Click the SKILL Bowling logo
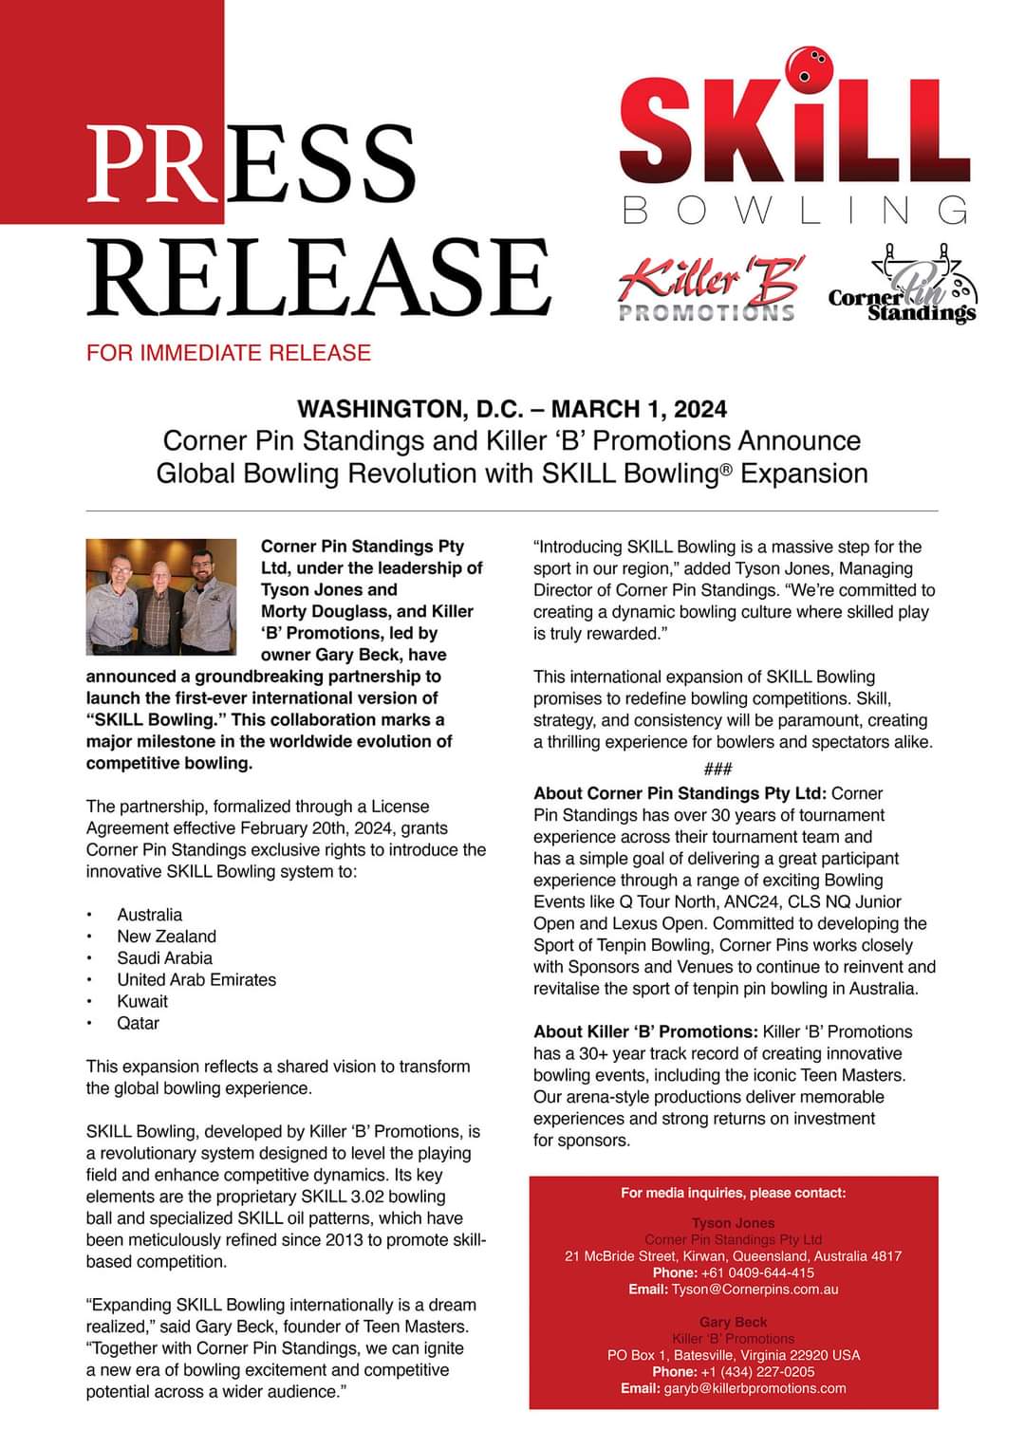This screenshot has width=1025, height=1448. pyautogui.click(x=794, y=142)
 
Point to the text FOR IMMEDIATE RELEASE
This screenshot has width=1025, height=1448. pyautogui.click(x=228, y=353)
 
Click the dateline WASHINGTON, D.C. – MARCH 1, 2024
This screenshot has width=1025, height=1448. pyautogui.click(x=512, y=409)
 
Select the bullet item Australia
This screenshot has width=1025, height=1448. pyautogui.click(x=149, y=915)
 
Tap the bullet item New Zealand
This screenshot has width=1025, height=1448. pyautogui.click(x=166, y=937)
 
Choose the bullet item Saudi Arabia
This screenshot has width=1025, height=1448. pyautogui.click(x=164, y=958)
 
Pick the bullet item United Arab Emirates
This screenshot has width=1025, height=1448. pyautogui.click(x=196, y=980)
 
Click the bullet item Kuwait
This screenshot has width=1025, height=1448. pyautogui.click(x=142, y=1001)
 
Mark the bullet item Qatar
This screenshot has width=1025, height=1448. pyautogui.click(x=138, y=1023)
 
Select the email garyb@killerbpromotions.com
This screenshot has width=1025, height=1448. pyautogui.click(x=758, y=1388)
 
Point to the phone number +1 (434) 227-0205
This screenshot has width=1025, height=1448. pyautogui.click(x=757, y=1371)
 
